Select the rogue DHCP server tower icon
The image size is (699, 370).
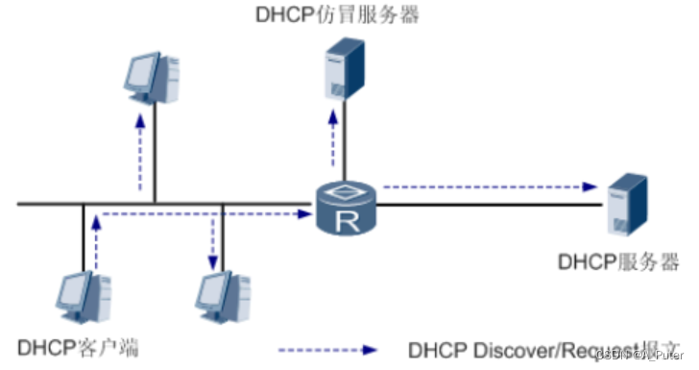click(x=345, y=70)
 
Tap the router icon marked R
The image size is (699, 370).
click(x=346, y=209)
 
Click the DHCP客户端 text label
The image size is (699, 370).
click(x=78, y=347)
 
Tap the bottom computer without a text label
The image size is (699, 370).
click(x=223, y=301)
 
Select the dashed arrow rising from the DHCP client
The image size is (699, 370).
click(x=95, y=240)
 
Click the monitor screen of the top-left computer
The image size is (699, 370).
click(x=146, y=71)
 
